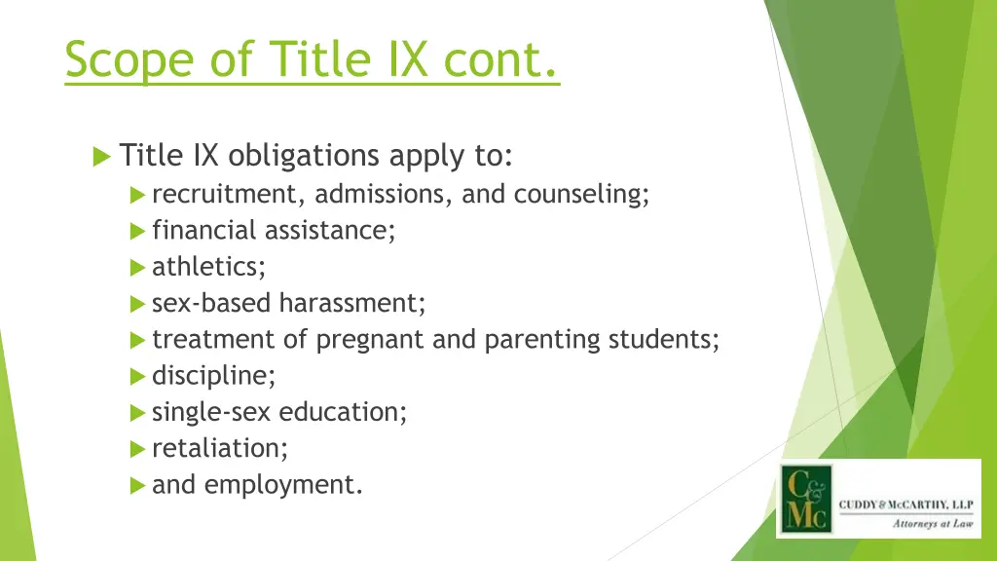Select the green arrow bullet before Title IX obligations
click(101, 156)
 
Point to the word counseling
click(581, 194)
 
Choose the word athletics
click(208, 267)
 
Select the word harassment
click(352, 303)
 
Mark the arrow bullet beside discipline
click(137, 376)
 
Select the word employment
click(283, 484)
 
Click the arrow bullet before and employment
click(137, 485)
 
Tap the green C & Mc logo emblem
click(804, 498)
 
